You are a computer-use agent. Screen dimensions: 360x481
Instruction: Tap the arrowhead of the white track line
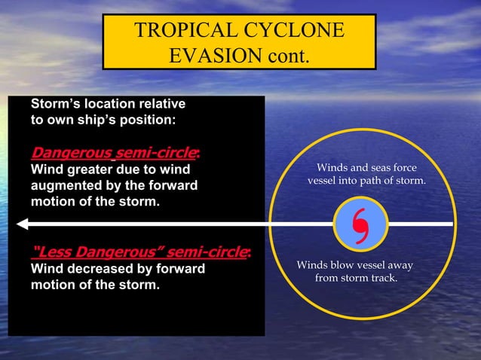pos(22,224)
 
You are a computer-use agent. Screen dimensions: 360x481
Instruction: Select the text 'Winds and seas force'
pos(366,168)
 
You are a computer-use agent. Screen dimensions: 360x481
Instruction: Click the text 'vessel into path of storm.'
pos(366,182)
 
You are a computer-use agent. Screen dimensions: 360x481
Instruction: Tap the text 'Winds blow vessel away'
pos(355,265)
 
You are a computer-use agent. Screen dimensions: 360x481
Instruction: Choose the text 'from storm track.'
pos(355,279)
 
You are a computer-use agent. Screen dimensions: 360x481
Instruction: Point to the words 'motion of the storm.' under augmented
pos(94,202)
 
